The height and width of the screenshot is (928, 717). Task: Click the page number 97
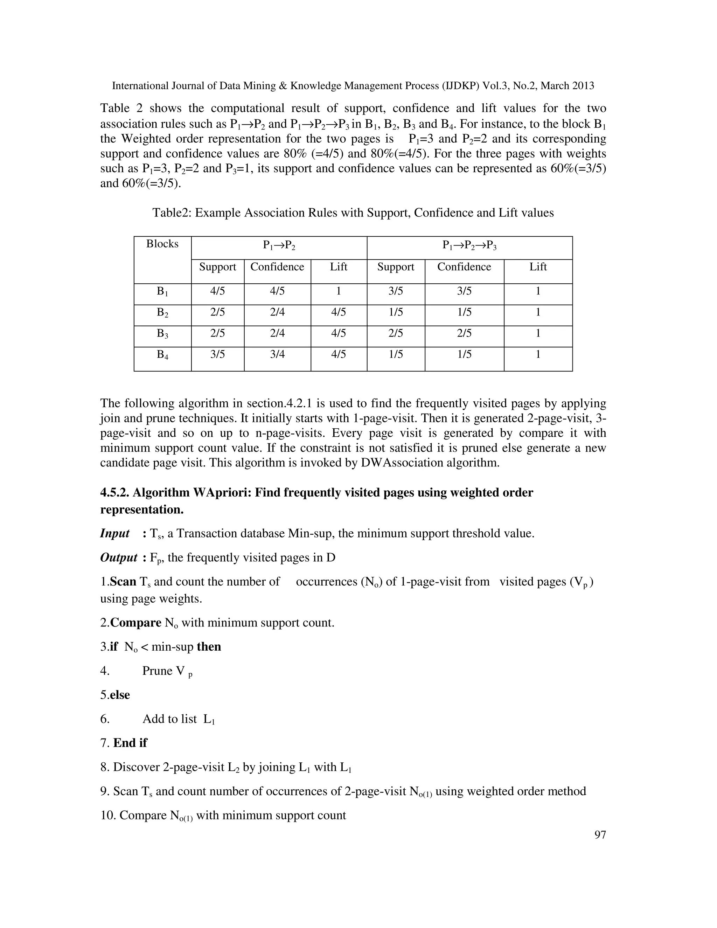pyautogui.click(x=600, y=834)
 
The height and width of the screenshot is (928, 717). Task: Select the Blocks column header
pyautogui.click(x=162, y=244)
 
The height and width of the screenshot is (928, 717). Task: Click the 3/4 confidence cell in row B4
pyautogui.click(x=277, y=354)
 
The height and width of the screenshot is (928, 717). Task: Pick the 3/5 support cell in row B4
pyautogui.click(x=217, y=354)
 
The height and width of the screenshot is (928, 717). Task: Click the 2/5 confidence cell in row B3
pyautogui.click(x=464, y=333)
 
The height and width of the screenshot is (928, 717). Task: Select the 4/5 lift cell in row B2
pyautogui.click(x=339, y=312)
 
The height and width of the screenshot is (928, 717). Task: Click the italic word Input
pyautogui.click(x=115, y=533)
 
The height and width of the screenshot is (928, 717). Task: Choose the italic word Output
pyautogui.click(x=119, y=558)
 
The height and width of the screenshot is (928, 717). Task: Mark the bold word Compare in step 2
pyautogui.click(x=135, y=623)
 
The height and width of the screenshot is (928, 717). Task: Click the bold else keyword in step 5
pyautogui.click(x=120, y=695)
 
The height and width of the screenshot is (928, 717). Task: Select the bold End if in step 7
pyautogui.click(x=130, y=743)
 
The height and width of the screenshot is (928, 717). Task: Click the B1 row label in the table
pyautogui.click(x=162, y=291)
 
